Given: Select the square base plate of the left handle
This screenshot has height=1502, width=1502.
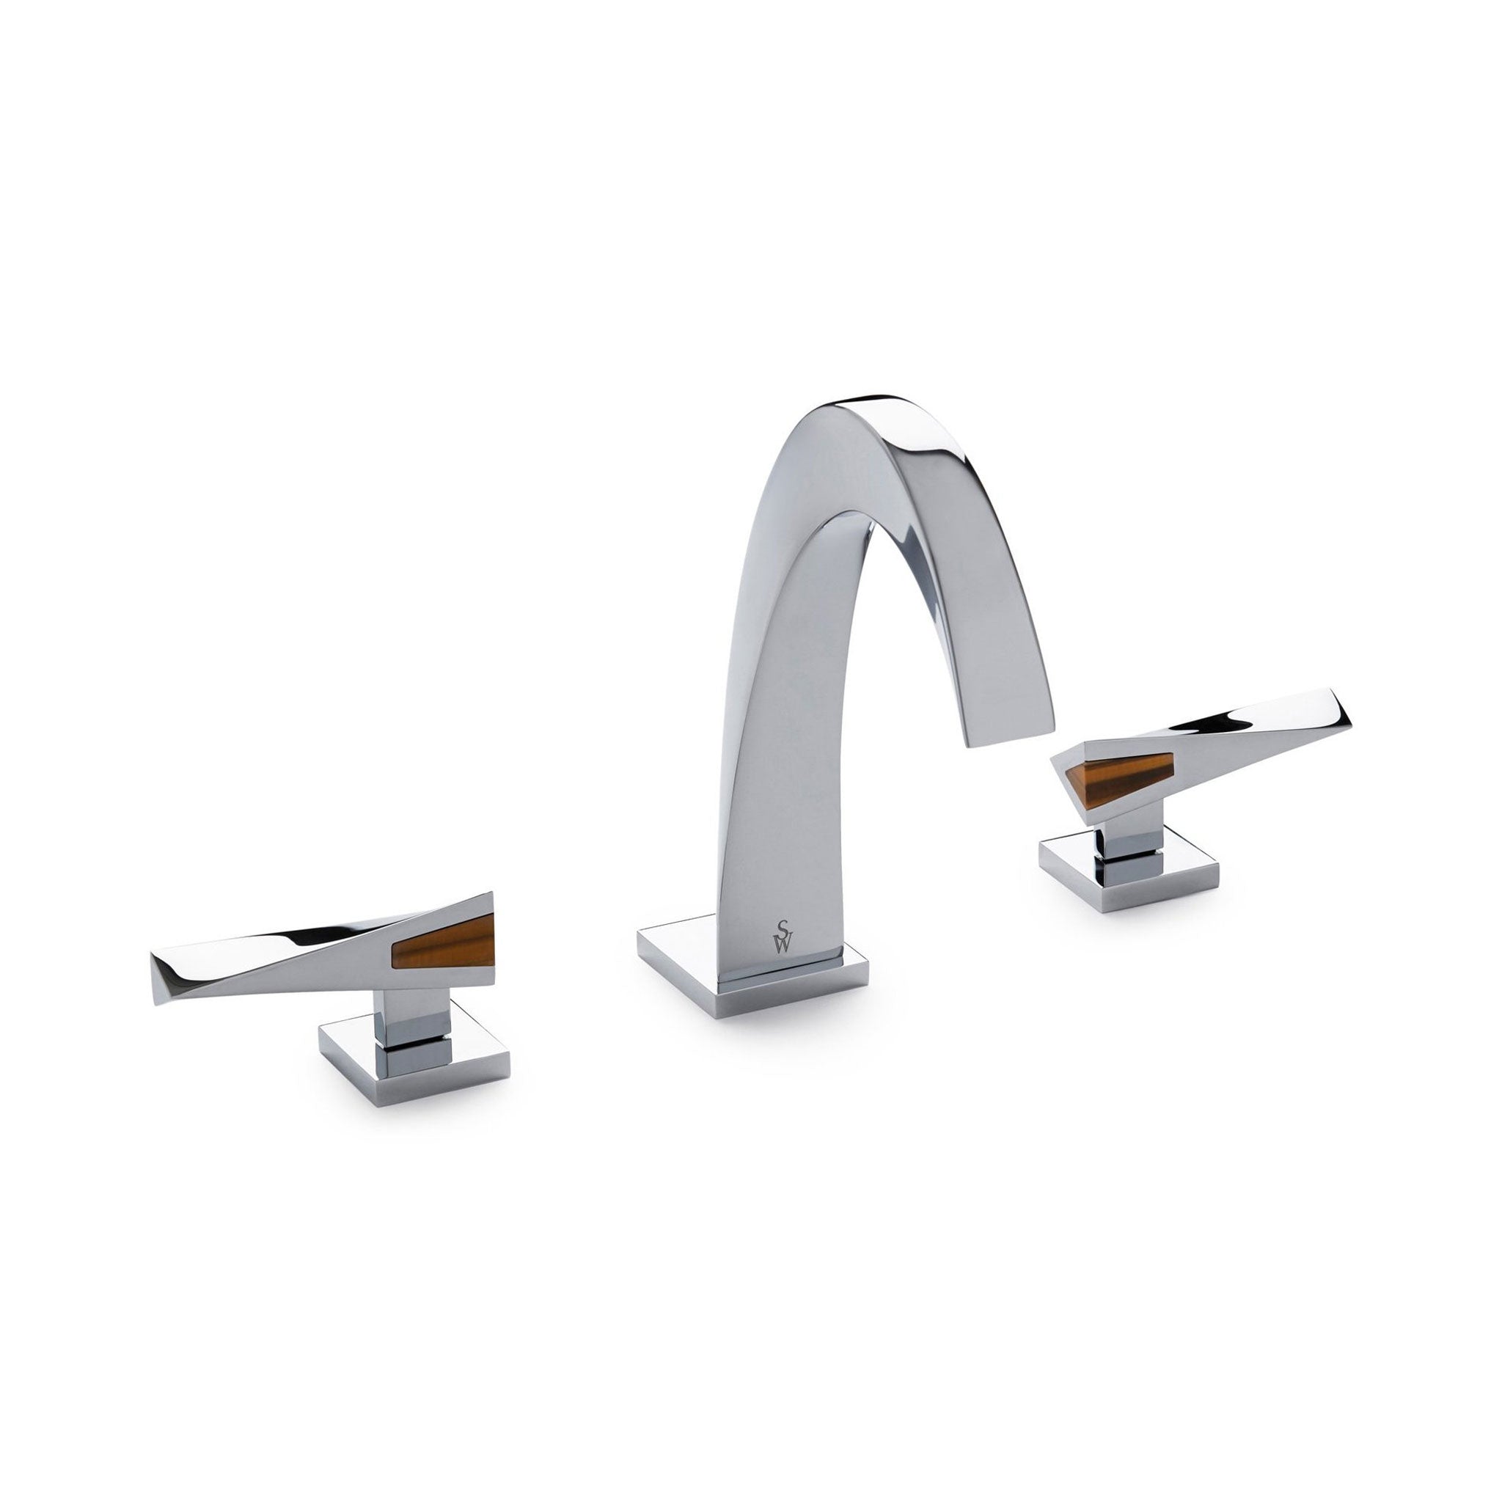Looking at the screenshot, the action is (414, 1058).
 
